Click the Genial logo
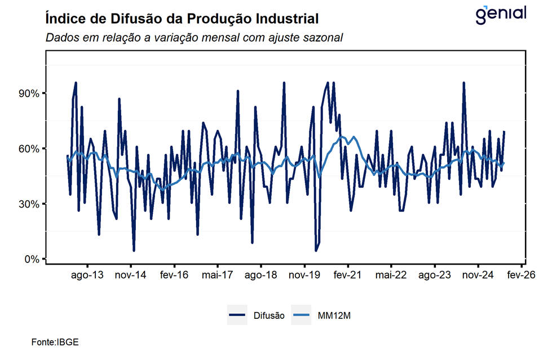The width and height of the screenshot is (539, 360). (x=501, y=14)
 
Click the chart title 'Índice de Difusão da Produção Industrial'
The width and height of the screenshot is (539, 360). (x=182, y=19)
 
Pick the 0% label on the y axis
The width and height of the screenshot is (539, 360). (x=30, y=260)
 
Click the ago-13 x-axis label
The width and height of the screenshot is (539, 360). (x=87, y=276)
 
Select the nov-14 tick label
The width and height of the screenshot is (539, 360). (x=131, y=276)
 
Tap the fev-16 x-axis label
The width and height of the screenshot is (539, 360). (x=174, y=276)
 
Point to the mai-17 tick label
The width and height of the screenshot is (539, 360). (x=218, y=276)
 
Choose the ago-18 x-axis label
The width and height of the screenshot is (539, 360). (x=261, y=276)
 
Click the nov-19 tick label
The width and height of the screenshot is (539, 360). (x=304, y=276)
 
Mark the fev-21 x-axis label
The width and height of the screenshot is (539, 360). (x=348, y=276)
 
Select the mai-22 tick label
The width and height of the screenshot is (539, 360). (x=391, y=276)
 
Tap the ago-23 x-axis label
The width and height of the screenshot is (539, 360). (x=435, y=276)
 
